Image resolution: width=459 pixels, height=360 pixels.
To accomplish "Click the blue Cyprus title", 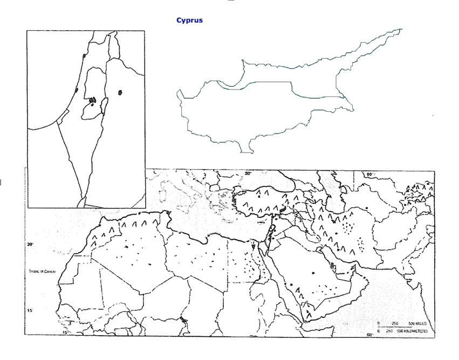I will point(189,20).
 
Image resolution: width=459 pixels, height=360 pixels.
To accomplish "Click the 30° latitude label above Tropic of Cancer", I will point(30,244).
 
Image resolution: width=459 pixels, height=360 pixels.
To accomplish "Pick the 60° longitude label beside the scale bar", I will point(371,335).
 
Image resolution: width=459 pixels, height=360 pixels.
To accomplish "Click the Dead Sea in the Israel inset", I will point(103,108).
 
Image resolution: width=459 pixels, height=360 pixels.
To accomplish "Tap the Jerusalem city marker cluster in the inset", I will point(92,100).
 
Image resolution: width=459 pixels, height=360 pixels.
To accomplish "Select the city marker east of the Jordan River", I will point(120,93).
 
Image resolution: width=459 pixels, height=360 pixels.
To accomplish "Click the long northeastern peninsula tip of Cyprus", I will point(400,30).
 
